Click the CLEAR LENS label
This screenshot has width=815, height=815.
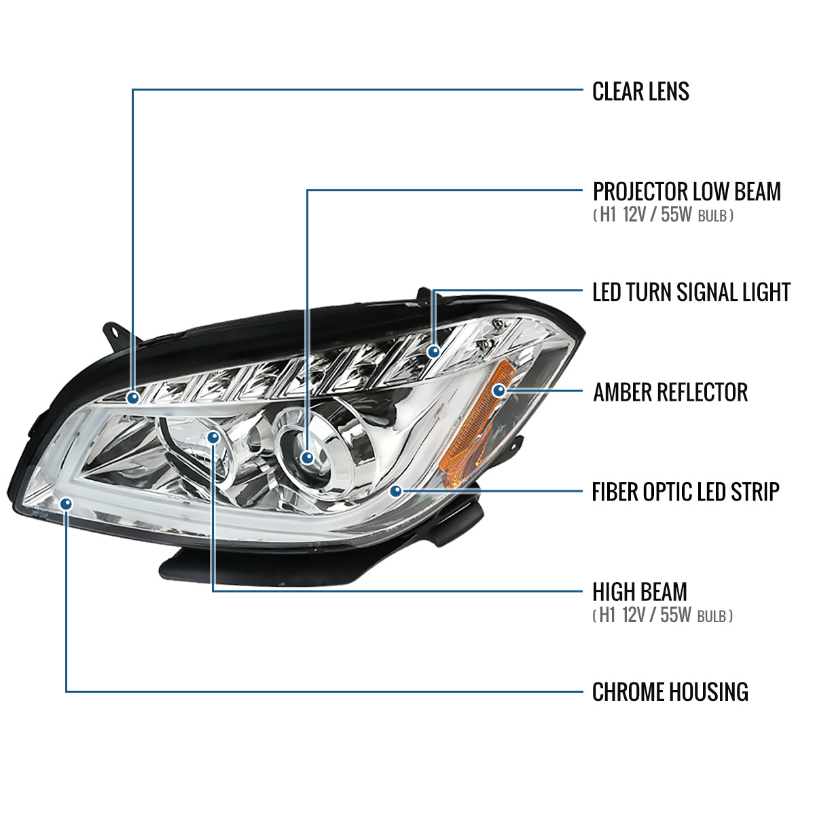[640, 91]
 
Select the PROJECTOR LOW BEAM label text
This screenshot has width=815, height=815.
[687, 192]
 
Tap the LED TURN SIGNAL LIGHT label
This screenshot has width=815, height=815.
[691, 292]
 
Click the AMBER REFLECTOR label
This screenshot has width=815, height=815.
[670, 392]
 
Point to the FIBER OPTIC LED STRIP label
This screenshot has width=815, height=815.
[685, 492]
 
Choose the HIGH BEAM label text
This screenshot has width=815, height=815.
[639, 592]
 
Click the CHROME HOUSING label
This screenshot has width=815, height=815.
[670, 692]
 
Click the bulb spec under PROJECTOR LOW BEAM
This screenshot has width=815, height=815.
[663, 216]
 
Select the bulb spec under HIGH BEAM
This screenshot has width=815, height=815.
[663, 616]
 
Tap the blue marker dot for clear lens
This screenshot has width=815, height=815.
[133, 397]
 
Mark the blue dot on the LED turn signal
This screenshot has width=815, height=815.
[433, 351]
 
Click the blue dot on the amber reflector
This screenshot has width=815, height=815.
[500, 391]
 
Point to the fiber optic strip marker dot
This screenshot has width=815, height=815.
[397, 490]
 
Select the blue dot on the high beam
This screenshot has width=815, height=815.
[213, 437]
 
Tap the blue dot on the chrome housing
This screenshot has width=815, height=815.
[67, 503]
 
